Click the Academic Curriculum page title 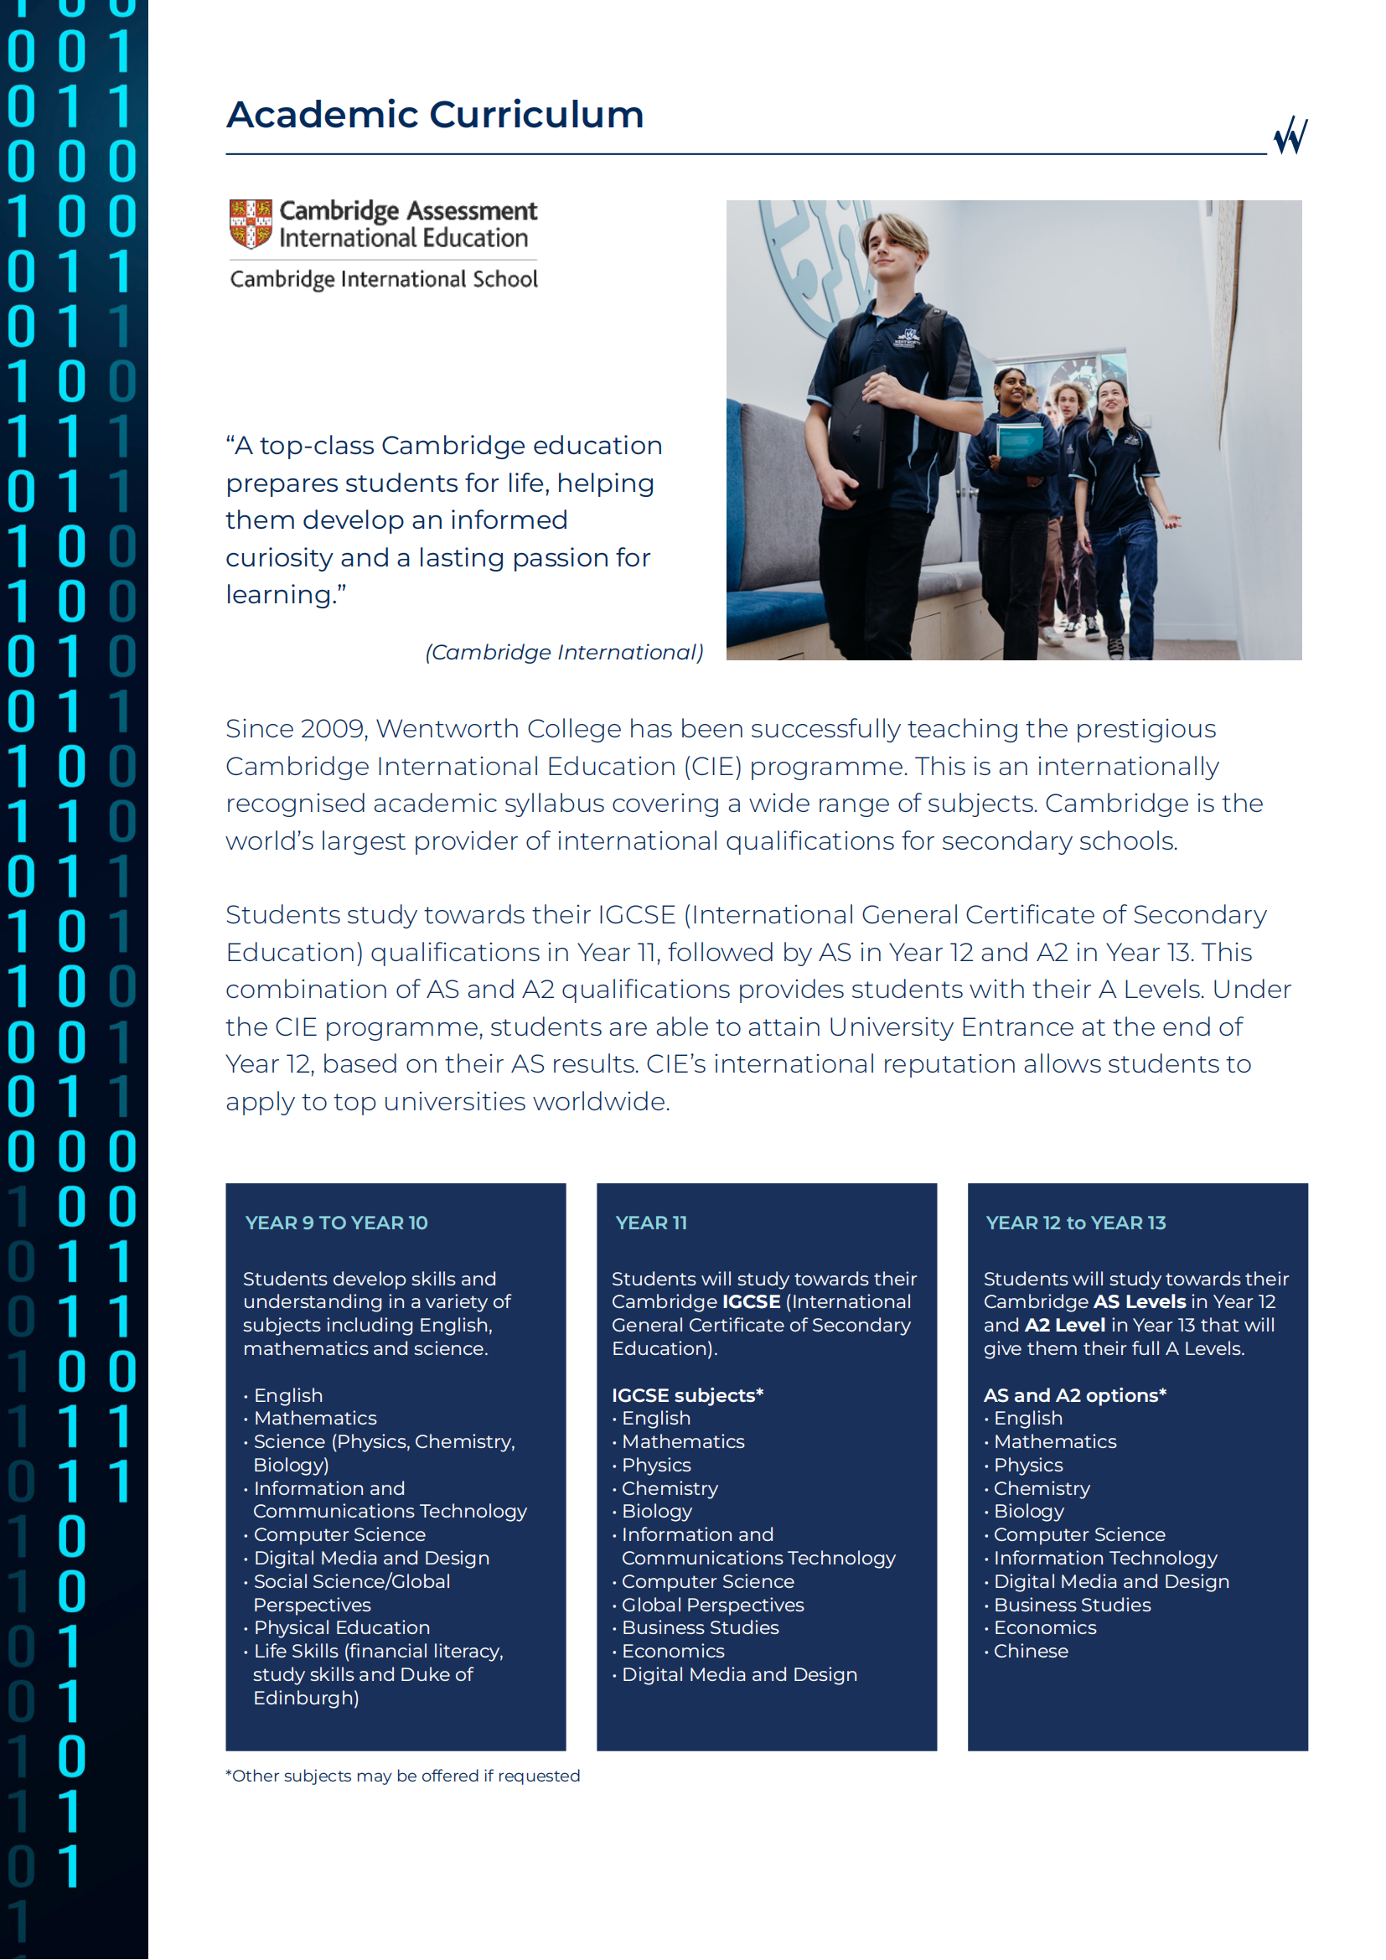[434, 115]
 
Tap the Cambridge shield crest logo [250, 224]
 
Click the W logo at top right [1290, 135]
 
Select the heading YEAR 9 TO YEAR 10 [336, 1223]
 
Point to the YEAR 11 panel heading [650, 1223]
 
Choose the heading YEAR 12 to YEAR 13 [1075, 1223]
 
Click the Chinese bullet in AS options [1030, 1651]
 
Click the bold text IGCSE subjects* [687, 1395]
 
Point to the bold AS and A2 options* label [1074, 1395]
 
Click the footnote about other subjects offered [403, 1776]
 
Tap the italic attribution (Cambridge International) [564, 652]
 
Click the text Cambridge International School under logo [384, 279]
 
